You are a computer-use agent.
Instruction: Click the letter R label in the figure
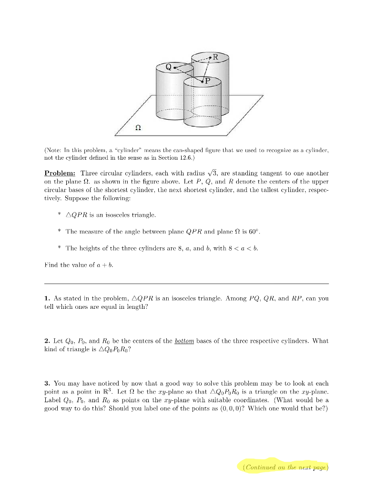click(x=215, y=57)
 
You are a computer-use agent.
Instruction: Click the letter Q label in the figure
click(x=169, y=67)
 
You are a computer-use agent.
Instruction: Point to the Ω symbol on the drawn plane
click(x=138, y=128)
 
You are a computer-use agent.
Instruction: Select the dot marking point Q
click(x=175, y=68)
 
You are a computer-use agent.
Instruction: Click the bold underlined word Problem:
click(x=60, y=173)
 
